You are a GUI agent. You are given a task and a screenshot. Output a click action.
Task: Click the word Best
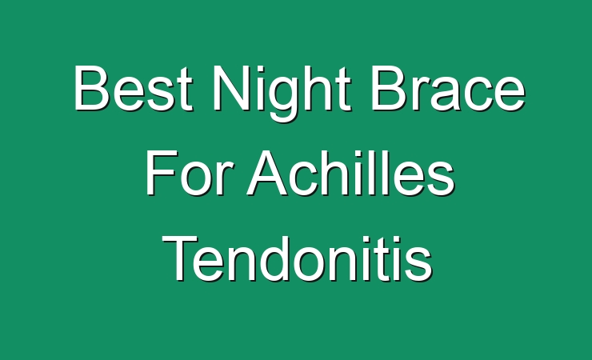tap(134, 87)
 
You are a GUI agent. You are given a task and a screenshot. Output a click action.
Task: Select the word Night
tap(282, 93)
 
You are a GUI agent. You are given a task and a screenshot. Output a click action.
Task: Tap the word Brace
tap(448, 87)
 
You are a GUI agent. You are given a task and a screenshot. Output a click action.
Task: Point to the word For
tap(187, 172)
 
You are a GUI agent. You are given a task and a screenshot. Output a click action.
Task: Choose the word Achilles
tap(350, 172)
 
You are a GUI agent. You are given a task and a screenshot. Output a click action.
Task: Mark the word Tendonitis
tap(297, 258)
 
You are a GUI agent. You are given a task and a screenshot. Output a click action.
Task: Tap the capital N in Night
tap(230, 87)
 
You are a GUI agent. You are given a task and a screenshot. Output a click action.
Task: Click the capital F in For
tap(161, 172)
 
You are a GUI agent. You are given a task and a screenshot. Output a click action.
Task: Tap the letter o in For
tap(196, 178)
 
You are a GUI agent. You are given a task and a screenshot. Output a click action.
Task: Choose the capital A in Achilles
tap(268, 172)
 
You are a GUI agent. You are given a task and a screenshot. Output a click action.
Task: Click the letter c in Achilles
tap(306, 178)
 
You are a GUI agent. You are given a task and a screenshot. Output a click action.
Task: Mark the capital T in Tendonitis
tap(180, 258)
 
